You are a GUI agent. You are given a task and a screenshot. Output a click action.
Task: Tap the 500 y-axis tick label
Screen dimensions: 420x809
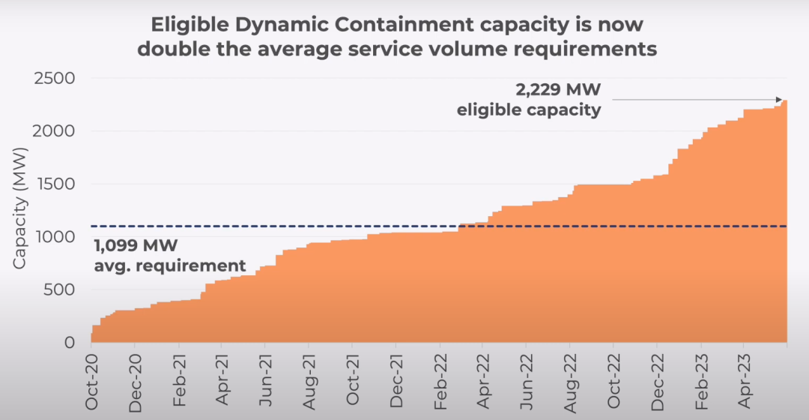pyautogui.click(x=61, y=289)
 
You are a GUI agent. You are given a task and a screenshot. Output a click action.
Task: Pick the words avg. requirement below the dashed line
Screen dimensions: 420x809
pyautogui.click(x=170, y=265)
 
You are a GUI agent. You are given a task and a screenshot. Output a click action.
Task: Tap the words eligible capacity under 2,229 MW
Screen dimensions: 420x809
pyautogui.click(x=530, y=110)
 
